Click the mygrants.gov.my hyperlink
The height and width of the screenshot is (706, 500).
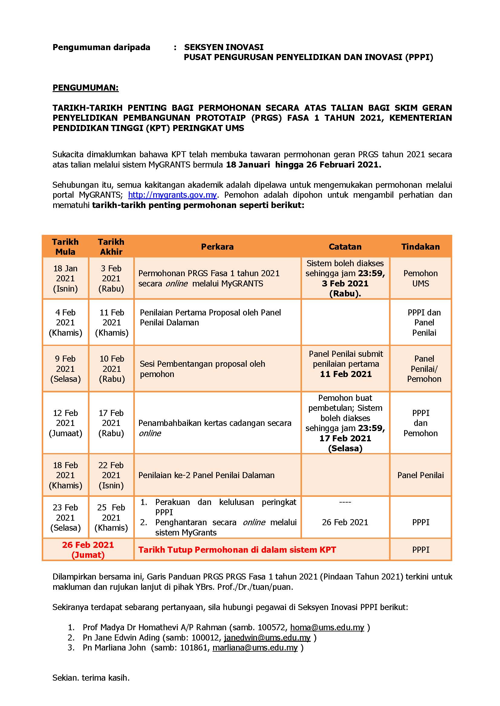click(x=172, y=195)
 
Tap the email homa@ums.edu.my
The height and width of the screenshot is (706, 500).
click(x=327, y=627)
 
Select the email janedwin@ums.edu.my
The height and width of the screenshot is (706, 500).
click(x=267, y=637)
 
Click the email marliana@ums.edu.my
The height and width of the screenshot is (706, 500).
click(x=255, y=647)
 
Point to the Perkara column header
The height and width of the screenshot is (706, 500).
click(x=217, y=247)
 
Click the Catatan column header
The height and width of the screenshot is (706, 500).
click(x=345, y=247)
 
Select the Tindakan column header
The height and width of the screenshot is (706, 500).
click(x=420, y=247)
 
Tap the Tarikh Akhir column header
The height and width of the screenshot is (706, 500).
click(x=111, y=247)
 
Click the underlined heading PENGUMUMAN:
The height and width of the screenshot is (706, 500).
click(x=86, y=88)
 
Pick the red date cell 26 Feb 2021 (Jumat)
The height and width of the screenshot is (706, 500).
click(x=88, y=550)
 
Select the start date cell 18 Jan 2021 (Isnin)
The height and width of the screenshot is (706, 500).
click(x=65, y=278)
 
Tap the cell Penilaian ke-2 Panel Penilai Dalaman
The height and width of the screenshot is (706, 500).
click(x=206, y=475)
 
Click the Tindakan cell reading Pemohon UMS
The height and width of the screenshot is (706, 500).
click(x=420, y=278)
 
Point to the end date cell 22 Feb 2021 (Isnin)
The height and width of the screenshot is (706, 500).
click(x=111, y=475)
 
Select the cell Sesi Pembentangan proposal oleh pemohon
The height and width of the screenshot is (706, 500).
click(x=202, y=369)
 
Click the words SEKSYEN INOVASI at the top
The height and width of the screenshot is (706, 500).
click(x=224, y=47)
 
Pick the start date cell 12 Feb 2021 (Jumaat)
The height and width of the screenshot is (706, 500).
click(x=65, y=423)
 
